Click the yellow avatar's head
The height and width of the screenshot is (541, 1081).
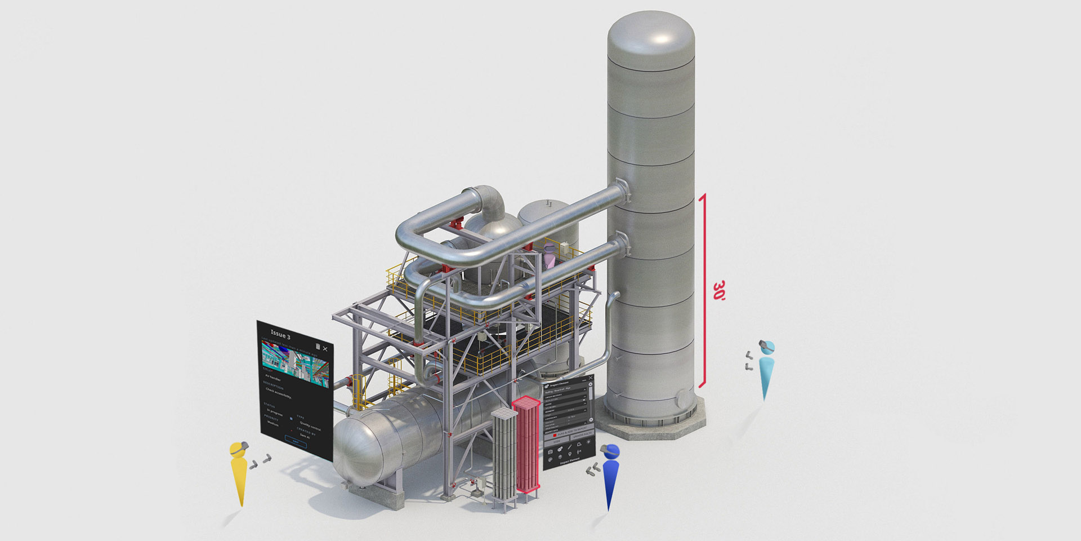(239, 450)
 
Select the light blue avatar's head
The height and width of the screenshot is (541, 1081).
(767, 347)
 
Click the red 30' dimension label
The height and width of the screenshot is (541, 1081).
(719, 290)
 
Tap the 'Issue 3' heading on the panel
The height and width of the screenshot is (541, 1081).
(280, 334)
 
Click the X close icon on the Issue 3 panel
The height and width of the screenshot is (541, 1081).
(325, 349)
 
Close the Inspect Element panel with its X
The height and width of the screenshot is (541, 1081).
(590, 378)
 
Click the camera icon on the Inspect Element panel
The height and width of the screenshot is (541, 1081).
(550, 452)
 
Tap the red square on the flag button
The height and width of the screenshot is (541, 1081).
(555, 436)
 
